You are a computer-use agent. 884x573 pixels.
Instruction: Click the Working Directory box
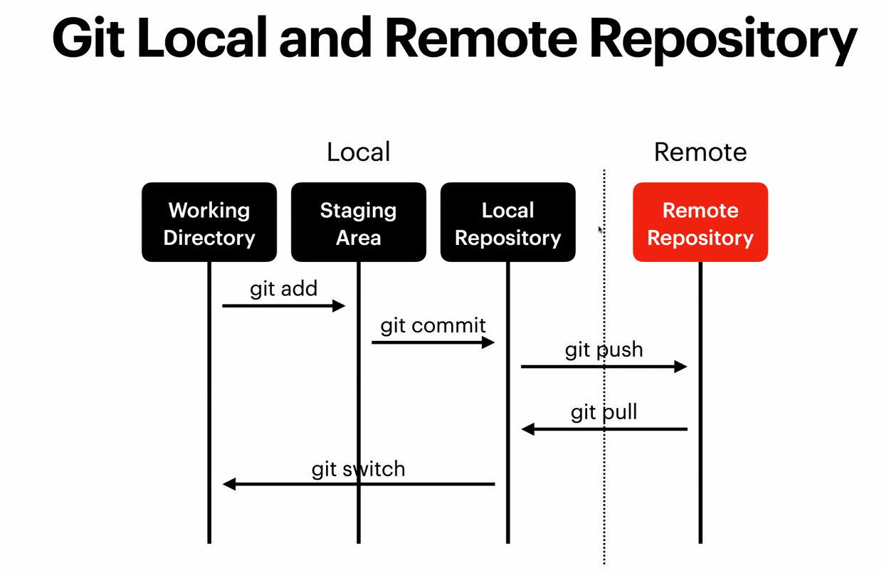tap(209, 223)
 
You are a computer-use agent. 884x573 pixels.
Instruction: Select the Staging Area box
tap(358, 223)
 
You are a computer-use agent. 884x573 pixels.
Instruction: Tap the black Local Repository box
tap(507, 223)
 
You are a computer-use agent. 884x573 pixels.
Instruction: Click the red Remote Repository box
tap(700, 223)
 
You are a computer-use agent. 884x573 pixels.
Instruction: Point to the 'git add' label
tap(283, 289)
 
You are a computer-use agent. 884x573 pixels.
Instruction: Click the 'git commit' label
tap(433, 326)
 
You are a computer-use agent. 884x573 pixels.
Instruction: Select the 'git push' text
tap(604, 350)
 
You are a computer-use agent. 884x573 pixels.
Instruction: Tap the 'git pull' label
tap(604, 413)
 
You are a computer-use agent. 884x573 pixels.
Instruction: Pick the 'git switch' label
tap(358, 469)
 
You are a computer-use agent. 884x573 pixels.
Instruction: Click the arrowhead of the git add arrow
tap(340, 306)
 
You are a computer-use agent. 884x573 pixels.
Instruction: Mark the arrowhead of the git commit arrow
tap(488, 343)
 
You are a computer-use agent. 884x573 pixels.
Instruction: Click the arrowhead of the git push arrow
tap(681, 367)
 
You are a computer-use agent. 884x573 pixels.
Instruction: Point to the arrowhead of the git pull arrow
tap(527, 429)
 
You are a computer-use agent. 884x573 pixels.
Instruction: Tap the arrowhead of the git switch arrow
tap(228, 485)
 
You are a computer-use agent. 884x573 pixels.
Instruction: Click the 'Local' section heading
tap(358, 152)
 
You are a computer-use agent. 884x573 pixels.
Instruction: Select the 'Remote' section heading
tap(700, 152)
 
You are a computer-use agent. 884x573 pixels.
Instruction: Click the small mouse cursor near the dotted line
tap(600, 230)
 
